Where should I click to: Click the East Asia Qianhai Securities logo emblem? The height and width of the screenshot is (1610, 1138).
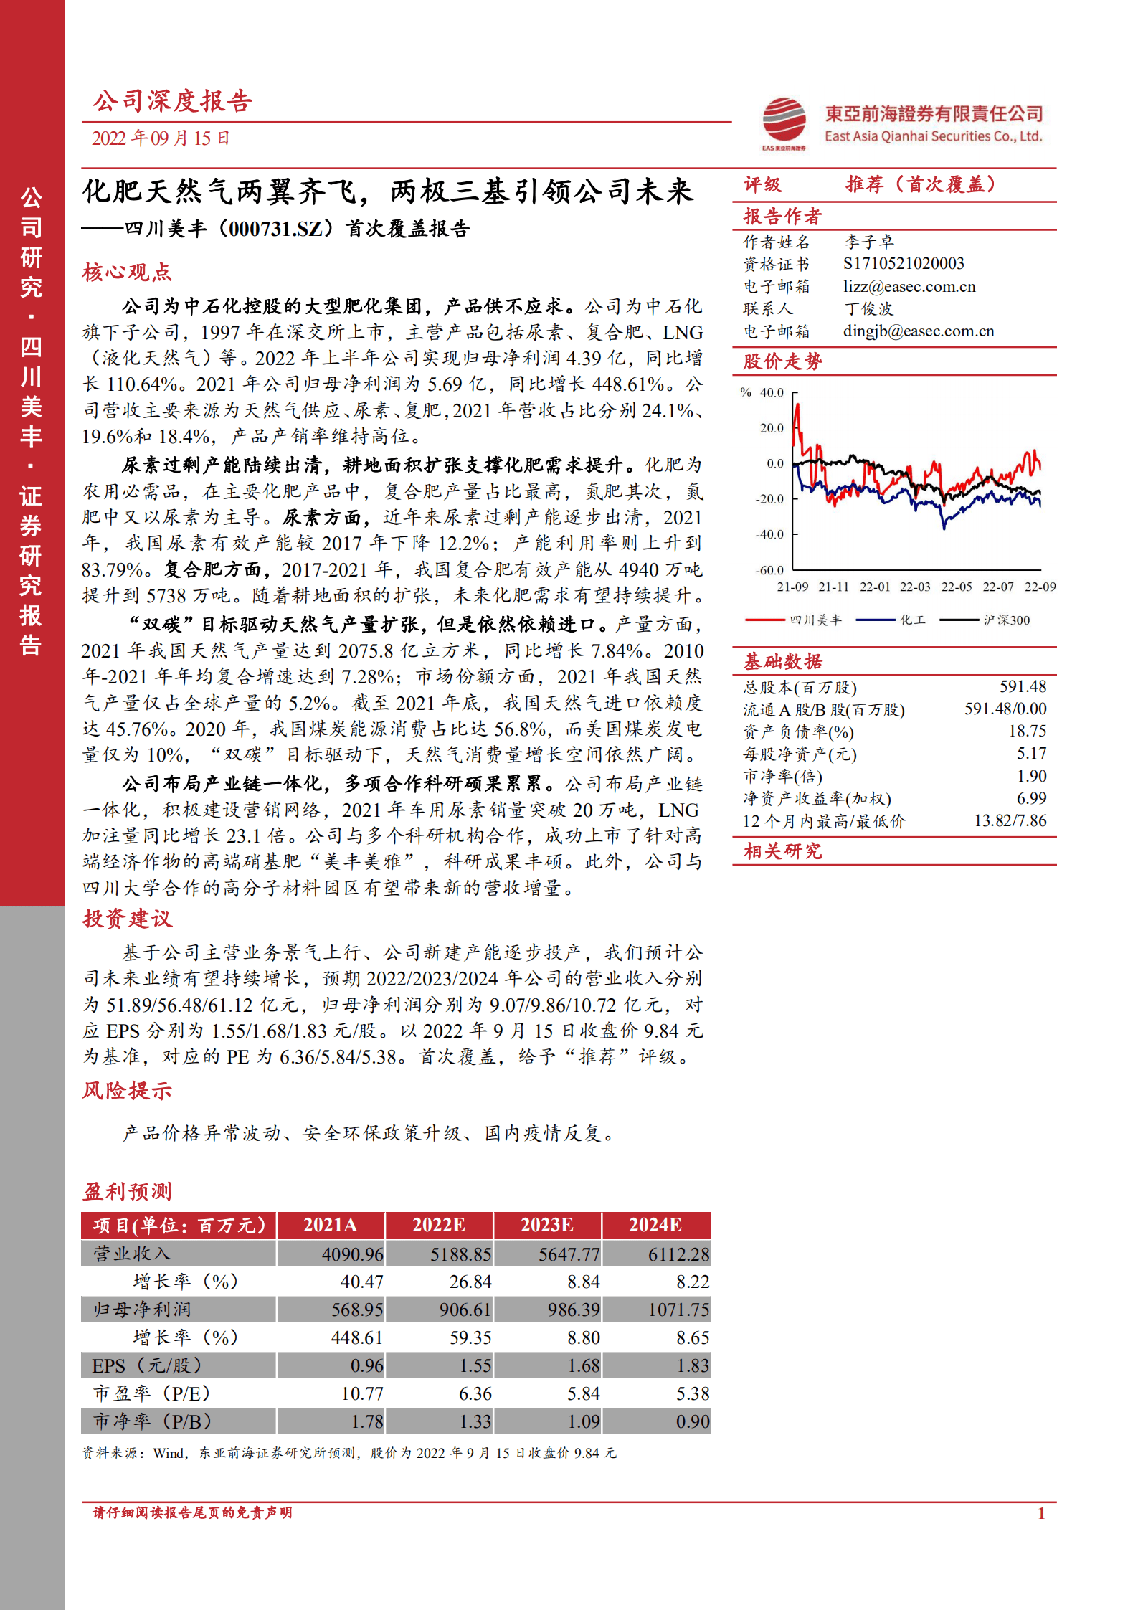click(x=784, y=120)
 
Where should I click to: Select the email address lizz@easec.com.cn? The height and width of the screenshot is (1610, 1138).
click(x=909, y=287)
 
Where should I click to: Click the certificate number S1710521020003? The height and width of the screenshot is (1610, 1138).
click(x=904, y=264)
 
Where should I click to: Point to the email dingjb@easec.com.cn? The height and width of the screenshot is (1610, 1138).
click(x=918, y=331)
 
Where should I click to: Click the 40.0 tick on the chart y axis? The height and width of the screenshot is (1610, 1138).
click(x=772, y=393)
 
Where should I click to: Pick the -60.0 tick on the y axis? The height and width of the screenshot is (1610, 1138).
click(x=769, y=571)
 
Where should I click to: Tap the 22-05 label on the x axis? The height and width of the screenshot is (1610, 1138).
click(x=956, y=587)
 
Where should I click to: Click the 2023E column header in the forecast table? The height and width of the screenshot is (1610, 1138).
click(x=546, y=1225)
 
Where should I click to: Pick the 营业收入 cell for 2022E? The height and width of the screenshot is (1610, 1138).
click(x=460, y=1254)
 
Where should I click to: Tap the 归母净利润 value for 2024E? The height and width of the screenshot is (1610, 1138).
click(x=678, y=1310)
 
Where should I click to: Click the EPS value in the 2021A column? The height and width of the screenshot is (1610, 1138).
click(x=366, y=1366)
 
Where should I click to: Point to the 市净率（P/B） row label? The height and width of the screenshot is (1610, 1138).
click(x=152, y=1421)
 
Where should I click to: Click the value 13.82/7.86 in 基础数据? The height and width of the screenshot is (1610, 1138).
click(x=1010, y=821)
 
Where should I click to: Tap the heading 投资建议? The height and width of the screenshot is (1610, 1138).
click(x=128, y=919)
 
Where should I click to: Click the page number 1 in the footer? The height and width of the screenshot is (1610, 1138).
click(x=1041, y=1514)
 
